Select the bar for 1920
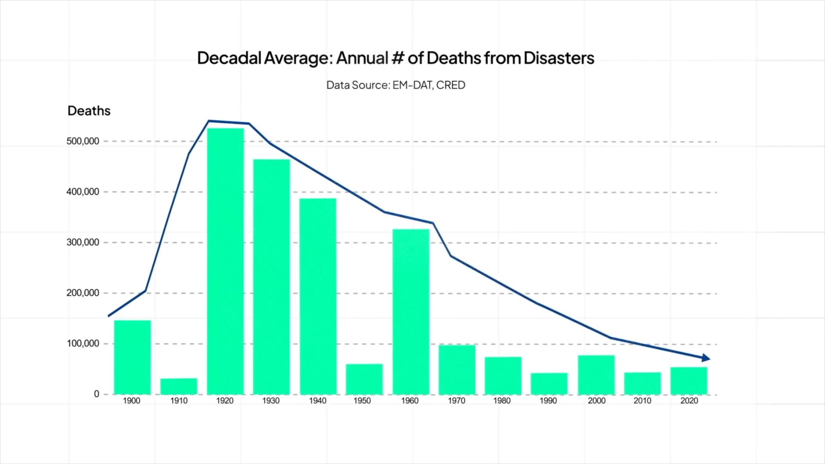pos(226,261)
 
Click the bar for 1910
pos(179,386)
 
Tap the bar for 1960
pos(411,311)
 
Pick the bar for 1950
pos(364,379)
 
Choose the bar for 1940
pos(318,296)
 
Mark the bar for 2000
pos(596,375)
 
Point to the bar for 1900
pos(132,357)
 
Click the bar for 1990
pos(549,383)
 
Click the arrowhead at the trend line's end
pos(706,358)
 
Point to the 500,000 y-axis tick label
pos(82,141)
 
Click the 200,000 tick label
pos(82,293)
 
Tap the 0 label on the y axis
pos(96,394)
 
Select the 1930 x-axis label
pos(271,401)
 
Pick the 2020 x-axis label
pos(689,401)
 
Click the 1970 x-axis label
pos(456,401)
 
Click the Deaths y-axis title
pos(89,111)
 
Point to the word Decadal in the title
pos(229,58)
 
